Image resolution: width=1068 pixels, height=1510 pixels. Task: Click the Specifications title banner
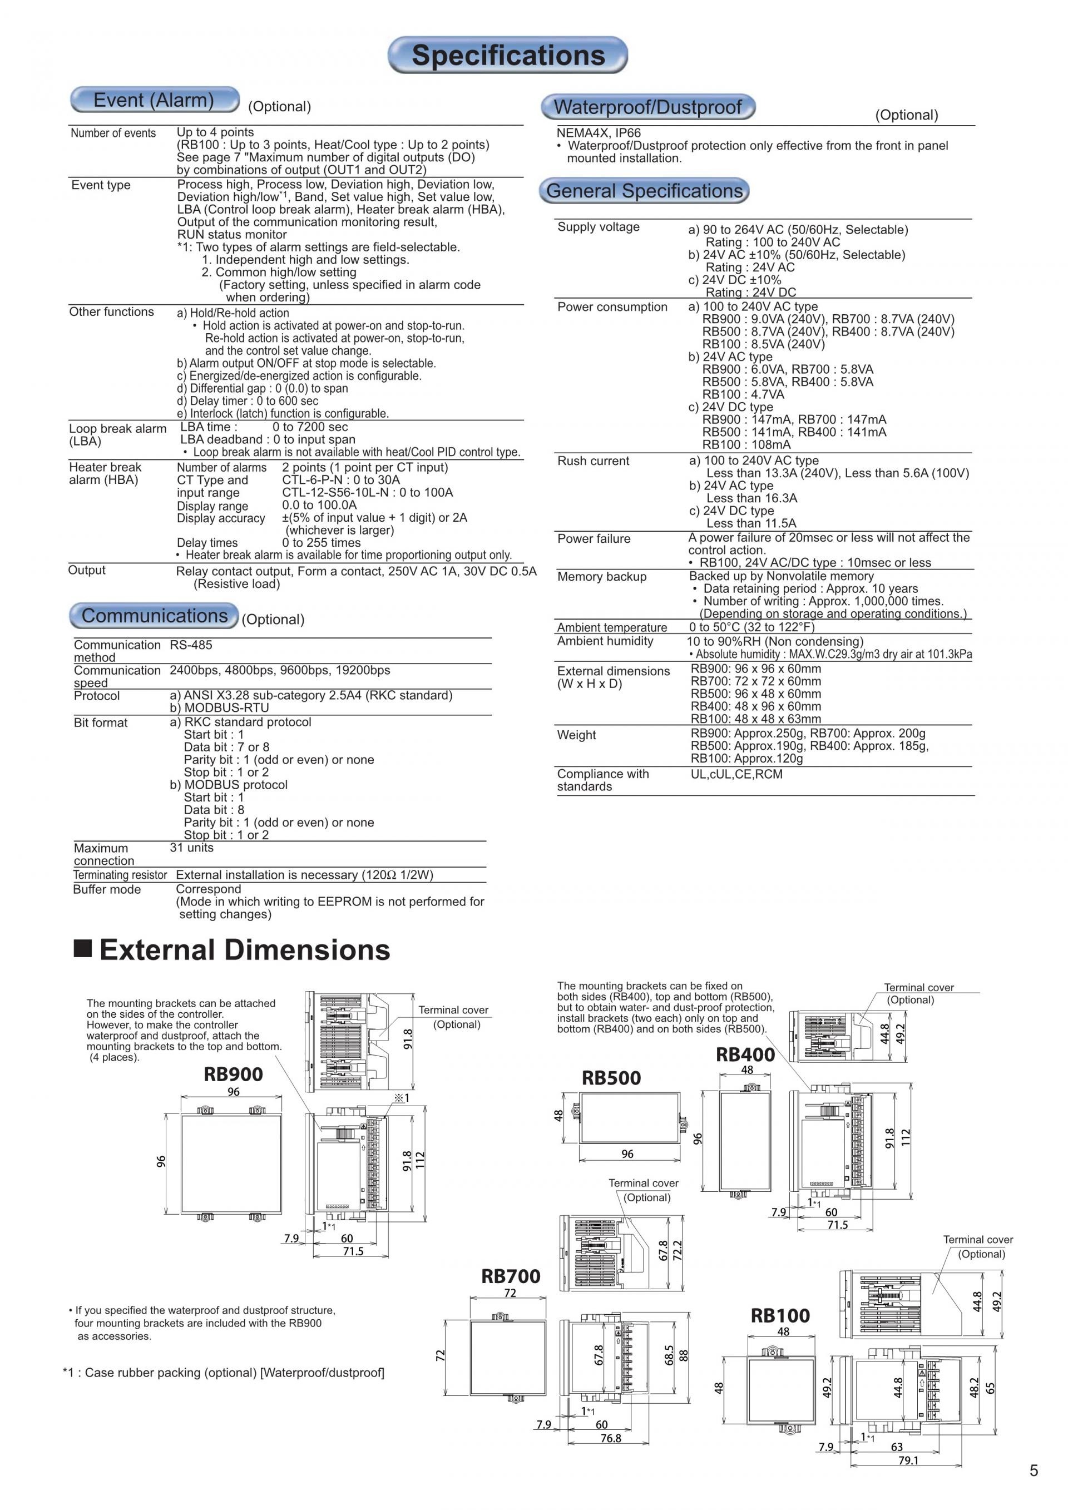508,55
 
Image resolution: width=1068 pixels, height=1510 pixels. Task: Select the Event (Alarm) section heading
154,100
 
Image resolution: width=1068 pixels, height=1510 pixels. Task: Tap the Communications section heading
154,616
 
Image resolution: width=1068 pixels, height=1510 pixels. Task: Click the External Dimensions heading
244,950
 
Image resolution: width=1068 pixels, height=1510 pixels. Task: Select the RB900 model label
233,1074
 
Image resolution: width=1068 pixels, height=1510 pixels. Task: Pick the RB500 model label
611,1078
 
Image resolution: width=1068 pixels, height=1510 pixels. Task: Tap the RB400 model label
745,1055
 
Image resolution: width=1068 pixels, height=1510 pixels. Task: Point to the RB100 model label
780,1315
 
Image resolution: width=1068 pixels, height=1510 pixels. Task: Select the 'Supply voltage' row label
598,227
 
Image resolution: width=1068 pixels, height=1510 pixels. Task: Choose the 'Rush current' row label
592,461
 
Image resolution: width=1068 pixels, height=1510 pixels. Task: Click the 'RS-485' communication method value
191,645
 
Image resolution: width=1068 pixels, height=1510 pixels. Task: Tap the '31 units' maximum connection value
191,848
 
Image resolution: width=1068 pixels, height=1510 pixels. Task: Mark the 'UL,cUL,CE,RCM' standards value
736,774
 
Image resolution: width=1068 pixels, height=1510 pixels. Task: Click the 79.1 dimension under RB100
908,1460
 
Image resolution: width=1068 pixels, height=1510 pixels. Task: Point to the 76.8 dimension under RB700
610,1438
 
